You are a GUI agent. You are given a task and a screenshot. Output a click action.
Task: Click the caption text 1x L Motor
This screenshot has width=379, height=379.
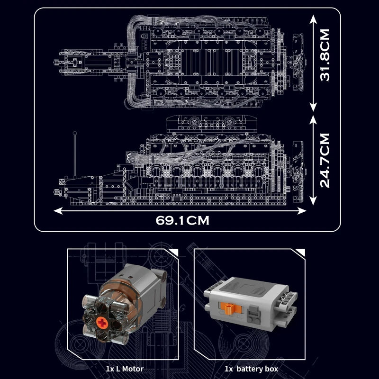click(x=125, y=368)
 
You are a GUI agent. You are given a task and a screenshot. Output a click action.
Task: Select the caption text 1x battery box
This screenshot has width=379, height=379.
click(x=251, y=368)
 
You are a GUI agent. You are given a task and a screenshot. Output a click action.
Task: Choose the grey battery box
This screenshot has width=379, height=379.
click(x=251, y=303)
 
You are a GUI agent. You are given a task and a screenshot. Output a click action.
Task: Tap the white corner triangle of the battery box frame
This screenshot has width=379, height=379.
click(x=301, y=252)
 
